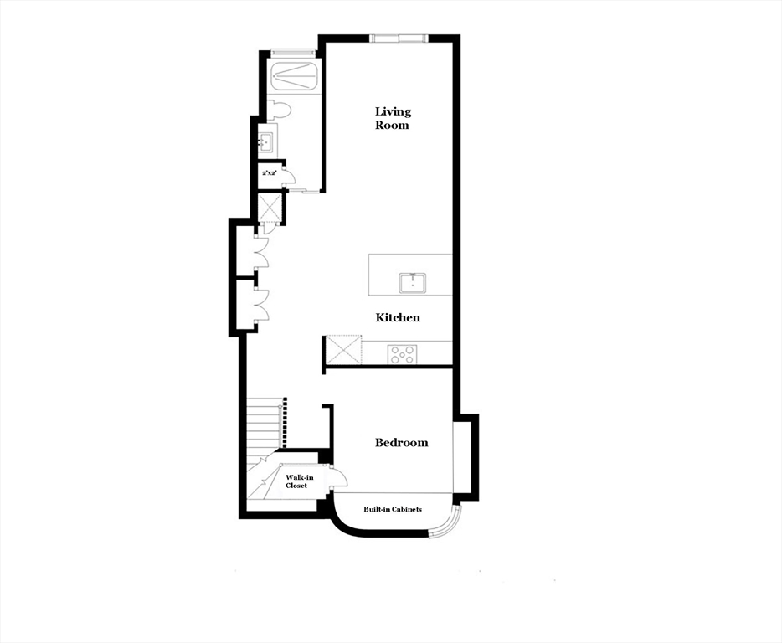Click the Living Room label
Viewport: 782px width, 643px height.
coord(393,118)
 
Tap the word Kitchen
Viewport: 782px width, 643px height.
coord(398,317)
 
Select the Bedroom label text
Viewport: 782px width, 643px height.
coord(401,442)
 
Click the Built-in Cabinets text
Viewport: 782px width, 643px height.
coord(392,509)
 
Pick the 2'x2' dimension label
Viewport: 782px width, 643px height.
coord(270,172)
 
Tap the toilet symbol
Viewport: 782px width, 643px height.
coord(279,110)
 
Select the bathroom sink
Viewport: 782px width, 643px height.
coord(265,141)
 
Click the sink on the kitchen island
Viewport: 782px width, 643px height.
coord(413,283)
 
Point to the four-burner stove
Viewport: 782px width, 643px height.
coord(402,354)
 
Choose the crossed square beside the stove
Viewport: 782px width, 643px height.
coord(343,350)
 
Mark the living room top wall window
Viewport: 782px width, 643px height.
coord(399,38)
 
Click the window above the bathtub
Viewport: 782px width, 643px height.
coord(293,54)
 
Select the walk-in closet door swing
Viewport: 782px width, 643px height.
coord(337,478)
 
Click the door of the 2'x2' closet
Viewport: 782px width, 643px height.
coord(288,175)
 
